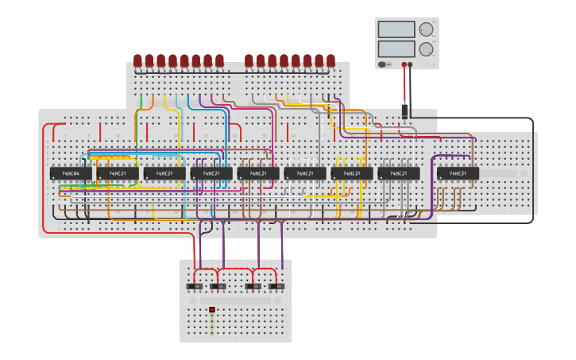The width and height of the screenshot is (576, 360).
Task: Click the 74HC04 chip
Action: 71,173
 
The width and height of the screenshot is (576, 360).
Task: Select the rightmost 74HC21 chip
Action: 458,173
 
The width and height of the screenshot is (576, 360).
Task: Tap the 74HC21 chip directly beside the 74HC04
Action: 118,173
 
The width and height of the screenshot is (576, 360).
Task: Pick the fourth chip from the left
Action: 211,173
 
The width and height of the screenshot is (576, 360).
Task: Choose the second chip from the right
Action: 399,173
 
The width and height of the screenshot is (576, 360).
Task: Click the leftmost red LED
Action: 137,60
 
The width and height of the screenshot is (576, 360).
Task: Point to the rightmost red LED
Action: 331,60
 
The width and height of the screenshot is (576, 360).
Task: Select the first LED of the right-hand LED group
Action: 249,60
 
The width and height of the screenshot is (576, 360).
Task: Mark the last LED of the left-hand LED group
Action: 219,60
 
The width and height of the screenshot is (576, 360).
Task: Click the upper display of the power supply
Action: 396,29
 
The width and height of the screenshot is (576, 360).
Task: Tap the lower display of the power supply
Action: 396,48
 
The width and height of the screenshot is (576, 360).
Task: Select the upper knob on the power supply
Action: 426,29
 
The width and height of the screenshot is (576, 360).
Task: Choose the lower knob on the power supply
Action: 426,48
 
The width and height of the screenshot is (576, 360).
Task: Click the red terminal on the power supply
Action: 404,64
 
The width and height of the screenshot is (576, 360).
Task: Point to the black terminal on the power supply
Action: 411,64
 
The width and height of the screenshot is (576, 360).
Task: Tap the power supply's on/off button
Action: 382,64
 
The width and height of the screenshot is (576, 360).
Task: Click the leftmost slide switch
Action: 194,286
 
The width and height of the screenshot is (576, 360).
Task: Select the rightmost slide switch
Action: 276,286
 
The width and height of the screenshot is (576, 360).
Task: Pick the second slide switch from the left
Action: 218,286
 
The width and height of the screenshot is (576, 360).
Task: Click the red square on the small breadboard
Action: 212,309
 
